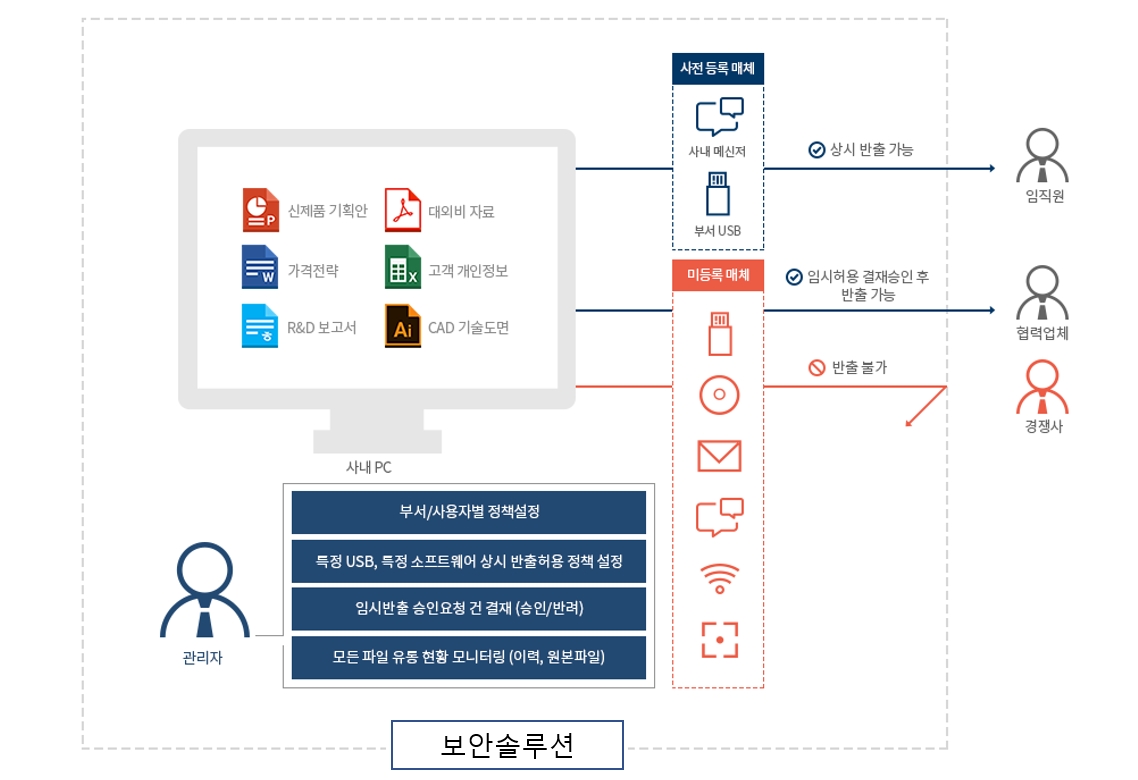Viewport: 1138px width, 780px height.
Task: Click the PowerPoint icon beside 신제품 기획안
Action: point(259,210)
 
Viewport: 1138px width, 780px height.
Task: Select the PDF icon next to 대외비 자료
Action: point(402,210)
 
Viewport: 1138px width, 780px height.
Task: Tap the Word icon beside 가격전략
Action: point(259,269)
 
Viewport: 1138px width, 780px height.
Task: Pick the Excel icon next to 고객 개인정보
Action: point(402,269)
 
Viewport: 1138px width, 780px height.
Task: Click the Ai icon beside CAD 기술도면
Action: point(402,327)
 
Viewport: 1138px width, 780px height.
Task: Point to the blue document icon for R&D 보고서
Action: point(259,327)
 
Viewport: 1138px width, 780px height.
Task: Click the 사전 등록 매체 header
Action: point(717,69)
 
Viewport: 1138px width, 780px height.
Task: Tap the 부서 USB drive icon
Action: point(718,194)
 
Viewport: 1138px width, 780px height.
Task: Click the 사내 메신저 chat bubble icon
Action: point(719,117)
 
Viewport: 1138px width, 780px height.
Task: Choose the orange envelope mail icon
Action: point(719,456)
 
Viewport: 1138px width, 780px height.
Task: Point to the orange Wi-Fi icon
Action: point(719,579)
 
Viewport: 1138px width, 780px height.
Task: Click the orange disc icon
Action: point(719,394)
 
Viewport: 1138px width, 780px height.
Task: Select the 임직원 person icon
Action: point(1042,156)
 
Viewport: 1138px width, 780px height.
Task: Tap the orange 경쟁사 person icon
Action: point(1042,388)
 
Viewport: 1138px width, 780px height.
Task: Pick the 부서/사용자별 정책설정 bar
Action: point(469,512)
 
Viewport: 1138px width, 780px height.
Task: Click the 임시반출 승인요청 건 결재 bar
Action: point(469,608)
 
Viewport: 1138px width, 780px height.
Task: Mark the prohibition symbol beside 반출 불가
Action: point(816,368)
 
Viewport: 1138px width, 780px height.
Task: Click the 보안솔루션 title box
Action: point(507,745)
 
